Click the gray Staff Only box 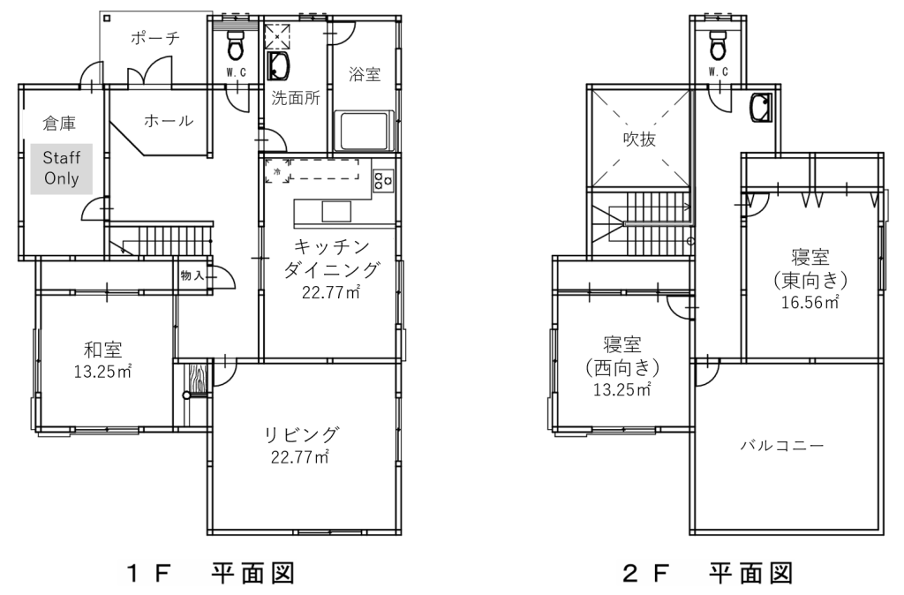(x=62, y=169)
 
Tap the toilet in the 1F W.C (x=235, y=44)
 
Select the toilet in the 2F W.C (x=718, y=44)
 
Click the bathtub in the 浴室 (x=363, y=132)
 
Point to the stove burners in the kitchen (x=383, y=180)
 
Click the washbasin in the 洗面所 (x=280, y=66)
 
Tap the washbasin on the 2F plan (x=761, y=108)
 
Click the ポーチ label (x=155, y=39)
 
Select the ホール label (x=169, y=120)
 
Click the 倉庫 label (x=59, y=123)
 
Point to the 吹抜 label (x=639, y=139)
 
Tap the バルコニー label (x=782, y=446)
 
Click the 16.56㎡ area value (x=810, y=302)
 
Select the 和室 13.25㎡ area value (x=102, y=372)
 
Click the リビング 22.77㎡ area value (x=300, y=457)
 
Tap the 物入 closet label (x=192, y=275)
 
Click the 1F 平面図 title (x=210, y=573)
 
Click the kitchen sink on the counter (x=336, y=212)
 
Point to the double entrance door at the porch (x=150, y=72)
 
